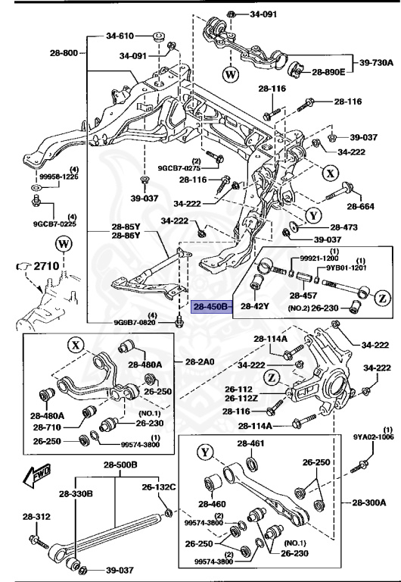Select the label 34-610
click(120, 36)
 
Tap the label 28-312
click(31, 517)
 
